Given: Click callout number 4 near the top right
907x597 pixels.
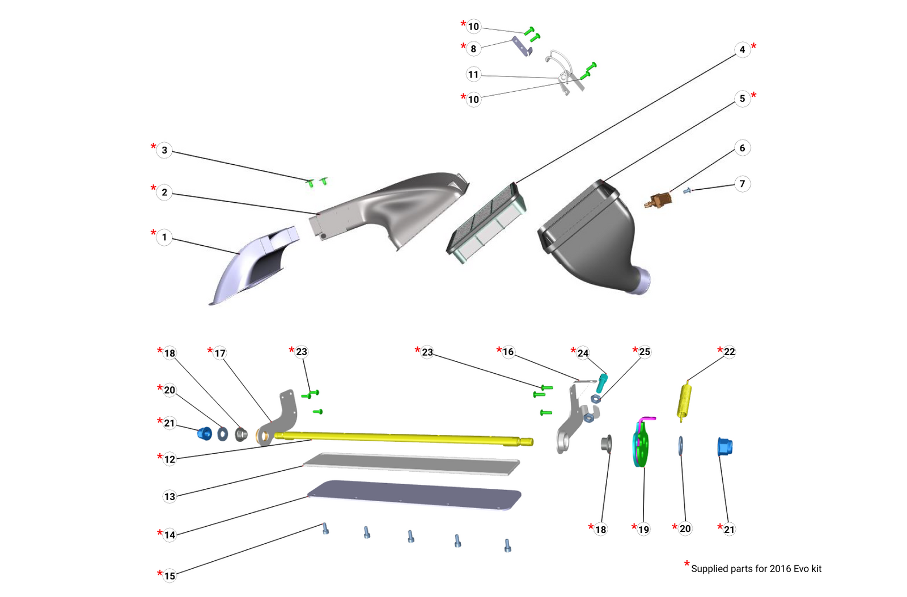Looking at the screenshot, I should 742,49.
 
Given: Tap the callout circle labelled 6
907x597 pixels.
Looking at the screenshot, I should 742,148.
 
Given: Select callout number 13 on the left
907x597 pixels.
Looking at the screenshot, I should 169,497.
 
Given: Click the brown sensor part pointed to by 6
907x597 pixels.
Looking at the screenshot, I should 660,199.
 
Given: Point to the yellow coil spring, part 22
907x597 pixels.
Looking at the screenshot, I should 685,401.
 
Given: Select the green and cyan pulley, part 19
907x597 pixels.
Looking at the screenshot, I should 640,445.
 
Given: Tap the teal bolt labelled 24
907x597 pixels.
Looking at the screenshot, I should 602,383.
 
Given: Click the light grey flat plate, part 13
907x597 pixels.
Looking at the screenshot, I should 411,463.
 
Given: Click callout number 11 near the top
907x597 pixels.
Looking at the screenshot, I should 473,74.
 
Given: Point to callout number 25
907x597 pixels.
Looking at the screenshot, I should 645,352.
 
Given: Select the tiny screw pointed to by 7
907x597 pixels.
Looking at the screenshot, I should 687,191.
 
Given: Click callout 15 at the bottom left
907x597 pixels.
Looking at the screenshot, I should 169,576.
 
